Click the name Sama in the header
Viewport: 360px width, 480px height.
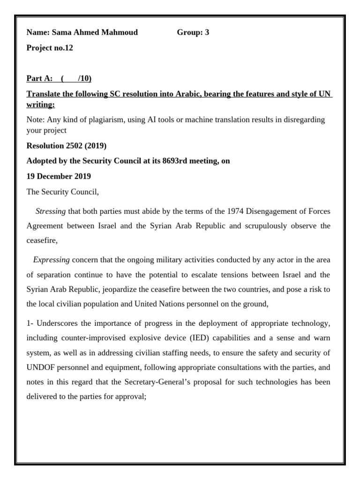[x=61, y=32]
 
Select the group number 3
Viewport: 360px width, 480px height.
[x=207, y=32]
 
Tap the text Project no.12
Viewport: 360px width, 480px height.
[x=50, y=48]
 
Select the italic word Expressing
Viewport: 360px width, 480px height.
[x=52, y=260]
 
